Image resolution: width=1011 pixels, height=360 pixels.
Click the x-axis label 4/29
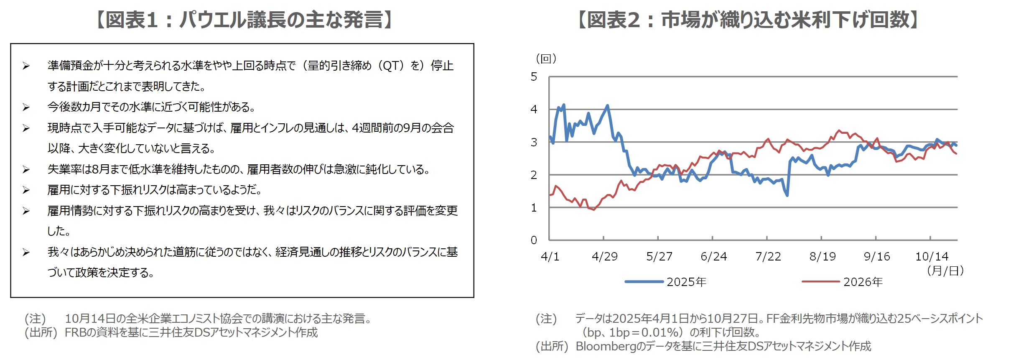[604, 256]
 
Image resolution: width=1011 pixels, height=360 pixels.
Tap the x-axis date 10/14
[932, 256]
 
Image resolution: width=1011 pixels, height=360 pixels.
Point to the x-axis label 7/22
[768, 256]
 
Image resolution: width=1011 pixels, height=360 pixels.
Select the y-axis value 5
[534, 77]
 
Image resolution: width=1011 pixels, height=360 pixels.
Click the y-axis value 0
[534, 240]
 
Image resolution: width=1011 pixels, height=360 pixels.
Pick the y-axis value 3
[534, 142]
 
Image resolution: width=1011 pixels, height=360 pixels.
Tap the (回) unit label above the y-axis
[546, 59]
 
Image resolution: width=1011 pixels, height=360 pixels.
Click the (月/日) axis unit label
[945, 271]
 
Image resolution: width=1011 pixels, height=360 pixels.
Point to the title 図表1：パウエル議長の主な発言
[244, 20]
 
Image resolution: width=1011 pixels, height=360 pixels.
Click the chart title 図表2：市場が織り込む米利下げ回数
[748, 20]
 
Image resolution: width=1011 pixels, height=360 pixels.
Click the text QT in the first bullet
[391, 66]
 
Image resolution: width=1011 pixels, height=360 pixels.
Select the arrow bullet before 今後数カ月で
[26, 107]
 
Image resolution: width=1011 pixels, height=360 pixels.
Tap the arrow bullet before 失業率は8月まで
[26, 169]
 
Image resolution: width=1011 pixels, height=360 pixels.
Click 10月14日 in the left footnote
[90, 319]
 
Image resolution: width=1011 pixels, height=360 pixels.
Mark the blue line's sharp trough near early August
[787, 195]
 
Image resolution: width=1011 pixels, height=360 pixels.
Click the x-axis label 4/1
[550, 256]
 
